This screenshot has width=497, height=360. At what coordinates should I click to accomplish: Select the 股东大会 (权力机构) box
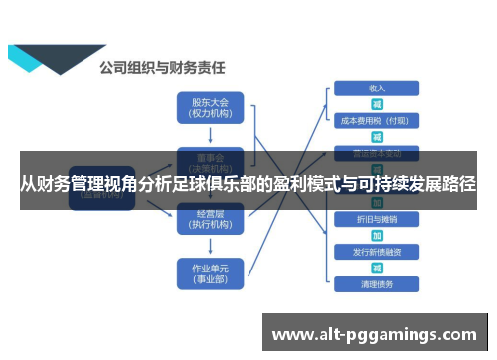(x=210, y=107)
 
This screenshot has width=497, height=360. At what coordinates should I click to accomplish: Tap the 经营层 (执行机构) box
(x=210, y=220)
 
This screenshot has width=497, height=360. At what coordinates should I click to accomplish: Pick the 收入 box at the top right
(x=376, y=89)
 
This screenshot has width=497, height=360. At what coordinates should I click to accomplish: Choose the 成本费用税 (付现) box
(x=376, y=121)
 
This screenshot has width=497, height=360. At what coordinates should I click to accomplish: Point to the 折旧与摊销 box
(x=376, y=219)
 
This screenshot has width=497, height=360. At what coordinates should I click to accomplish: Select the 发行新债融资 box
(x=376, y=252)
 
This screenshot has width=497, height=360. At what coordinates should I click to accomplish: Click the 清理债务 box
(x=376, y=284)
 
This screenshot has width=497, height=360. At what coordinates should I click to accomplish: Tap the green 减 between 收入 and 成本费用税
(x=377, y=104)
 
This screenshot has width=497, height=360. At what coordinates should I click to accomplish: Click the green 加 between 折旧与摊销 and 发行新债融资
(x=377, y=235)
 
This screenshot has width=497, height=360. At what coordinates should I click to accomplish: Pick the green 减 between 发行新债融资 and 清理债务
(x=377, y=268)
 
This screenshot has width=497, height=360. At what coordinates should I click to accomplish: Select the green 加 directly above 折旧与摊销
(x=377, y=203)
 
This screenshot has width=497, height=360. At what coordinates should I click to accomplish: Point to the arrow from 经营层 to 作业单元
(x=210, y=246)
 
